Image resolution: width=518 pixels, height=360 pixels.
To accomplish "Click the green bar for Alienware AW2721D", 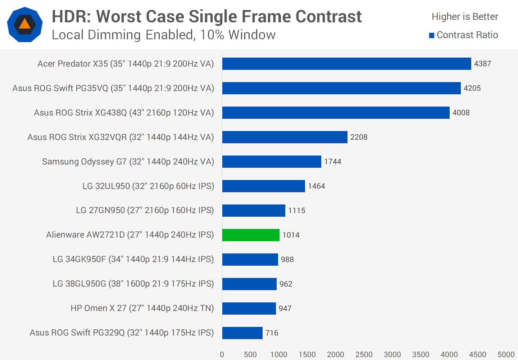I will (x=251, y=235).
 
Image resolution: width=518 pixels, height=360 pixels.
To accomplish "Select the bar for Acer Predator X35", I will (x=346, y=64).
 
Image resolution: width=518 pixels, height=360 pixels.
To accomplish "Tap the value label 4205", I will (x=472, y=88).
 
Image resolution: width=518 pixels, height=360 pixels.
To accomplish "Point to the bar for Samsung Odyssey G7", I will (x=272, y=162).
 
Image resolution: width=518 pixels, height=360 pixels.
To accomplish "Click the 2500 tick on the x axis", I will (x=364, y=355).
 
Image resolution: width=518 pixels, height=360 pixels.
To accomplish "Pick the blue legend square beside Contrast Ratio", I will (x=432, y=35).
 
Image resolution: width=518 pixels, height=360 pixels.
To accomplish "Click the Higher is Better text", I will (x=465, y=17).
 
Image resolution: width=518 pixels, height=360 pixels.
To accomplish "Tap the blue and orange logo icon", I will (x=25, y=24).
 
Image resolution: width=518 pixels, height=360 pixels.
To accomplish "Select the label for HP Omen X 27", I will (x=142, y=308).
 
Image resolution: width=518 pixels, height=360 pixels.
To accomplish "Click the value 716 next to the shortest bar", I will (x=272, y=333).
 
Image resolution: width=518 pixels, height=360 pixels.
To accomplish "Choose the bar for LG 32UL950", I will (x=263, y=186).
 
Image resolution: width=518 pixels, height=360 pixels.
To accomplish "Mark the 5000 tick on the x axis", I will (x=506, y=355).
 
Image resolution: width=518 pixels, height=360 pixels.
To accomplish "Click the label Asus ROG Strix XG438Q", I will (x=124, y=113).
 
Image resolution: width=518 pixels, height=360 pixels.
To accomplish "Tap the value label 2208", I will (x=359, y=137).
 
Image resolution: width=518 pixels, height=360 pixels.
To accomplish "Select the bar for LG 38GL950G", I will (x=249, y=284).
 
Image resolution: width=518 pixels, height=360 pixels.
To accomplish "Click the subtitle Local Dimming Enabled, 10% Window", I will (x=164, y=35).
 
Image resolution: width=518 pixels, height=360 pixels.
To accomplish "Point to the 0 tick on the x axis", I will (x=222, y=355).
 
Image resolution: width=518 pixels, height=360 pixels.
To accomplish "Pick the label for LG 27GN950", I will (x=145, y=210).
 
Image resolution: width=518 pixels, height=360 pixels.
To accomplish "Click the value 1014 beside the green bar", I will (x=291, y=235).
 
